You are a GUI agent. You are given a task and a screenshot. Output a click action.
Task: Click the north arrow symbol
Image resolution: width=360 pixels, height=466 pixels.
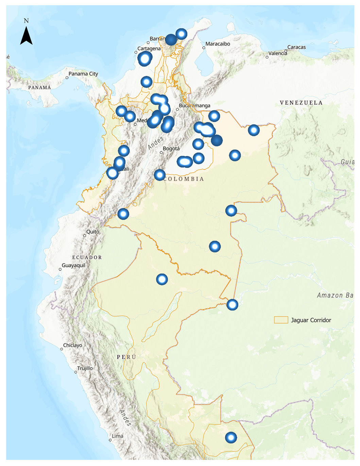pyautogui.click(x=26, y=36)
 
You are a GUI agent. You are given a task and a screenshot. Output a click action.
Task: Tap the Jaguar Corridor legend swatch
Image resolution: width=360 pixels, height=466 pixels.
pyautogui.click(x=281, y=320)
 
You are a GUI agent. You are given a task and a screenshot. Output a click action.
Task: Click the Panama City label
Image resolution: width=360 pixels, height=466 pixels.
pyautogui.click(x=83, y=74)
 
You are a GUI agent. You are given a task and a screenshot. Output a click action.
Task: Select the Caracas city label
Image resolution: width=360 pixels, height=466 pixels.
pyautogui.click(x=296, y=47)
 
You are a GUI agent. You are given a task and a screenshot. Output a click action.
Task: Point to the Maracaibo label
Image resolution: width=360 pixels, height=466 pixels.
pyautogui.click(x=218, y=44)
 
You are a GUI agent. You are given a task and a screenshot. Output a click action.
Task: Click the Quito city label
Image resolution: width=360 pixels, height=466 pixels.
pyautogui.click(x=92, y=232)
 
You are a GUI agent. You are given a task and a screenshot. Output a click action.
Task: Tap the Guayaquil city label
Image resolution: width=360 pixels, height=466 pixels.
pyautogui.click(x=73, y=265)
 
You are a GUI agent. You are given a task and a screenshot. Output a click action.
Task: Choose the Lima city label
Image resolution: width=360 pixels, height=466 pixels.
pyautogui.click(x=118, y=436)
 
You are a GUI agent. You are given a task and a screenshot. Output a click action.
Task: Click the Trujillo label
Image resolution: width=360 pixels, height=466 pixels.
pyautogui.click(x=85, y=368)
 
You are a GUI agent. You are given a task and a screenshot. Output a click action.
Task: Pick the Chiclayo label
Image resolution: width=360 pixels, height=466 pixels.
pyautogui.click(x=72, y=345)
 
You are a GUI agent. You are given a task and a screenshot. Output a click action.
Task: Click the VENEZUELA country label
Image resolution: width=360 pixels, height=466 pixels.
pyautogui.click(x=301, y=103)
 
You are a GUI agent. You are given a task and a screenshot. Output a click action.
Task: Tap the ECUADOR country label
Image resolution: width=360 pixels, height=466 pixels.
pyautogui.click(x=87, y=257)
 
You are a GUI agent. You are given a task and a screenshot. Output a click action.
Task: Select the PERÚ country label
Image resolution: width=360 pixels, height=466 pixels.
pyautogui.click(x=126, y=357)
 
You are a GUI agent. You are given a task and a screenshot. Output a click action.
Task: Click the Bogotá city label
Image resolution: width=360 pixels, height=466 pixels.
pyautogui.click(x=171, y=149)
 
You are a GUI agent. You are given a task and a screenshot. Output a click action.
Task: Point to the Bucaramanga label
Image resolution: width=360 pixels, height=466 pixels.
pyautogui.click(x=194, y=106)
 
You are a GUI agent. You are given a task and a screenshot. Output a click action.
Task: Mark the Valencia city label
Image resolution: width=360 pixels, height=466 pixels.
pyautogui.click(x=278, y=53)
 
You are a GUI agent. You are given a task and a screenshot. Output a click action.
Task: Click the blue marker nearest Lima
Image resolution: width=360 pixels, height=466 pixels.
pyautogui.click(x=231, y=437)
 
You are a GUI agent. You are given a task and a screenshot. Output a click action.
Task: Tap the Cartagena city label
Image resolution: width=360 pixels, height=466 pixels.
pyautogui.click(x=149, y=49)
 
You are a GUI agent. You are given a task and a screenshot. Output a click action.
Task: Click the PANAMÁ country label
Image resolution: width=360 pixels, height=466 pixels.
pyautogui.click(x=39, y=88)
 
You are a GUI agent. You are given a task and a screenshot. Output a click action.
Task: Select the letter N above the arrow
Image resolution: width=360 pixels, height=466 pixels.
pyautogui.click(x=26, y=21)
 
